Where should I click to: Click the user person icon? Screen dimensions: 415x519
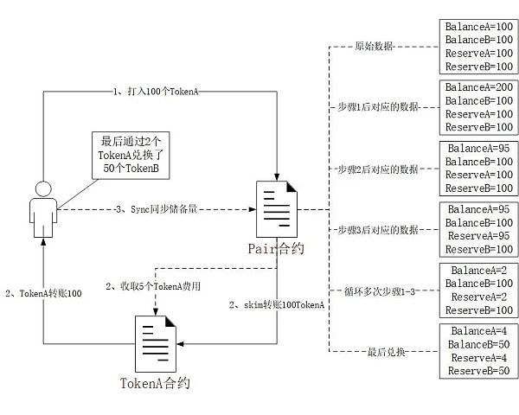point(38,207)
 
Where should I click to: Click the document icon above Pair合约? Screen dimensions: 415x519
point(275,207)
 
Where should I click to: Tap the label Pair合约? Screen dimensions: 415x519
point(276,249)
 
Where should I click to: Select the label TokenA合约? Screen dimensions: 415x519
point(156,381)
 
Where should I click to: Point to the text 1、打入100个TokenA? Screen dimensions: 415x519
point(156,91)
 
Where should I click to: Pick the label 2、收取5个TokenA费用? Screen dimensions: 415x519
point(154,285)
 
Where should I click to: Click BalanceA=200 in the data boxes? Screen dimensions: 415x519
point(478,87)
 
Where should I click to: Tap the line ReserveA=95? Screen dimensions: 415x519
point(478,236)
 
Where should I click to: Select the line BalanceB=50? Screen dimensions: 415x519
point(478,344)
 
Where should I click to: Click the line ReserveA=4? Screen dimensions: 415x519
point(478,357)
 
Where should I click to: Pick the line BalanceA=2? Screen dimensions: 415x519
point(478,270)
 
